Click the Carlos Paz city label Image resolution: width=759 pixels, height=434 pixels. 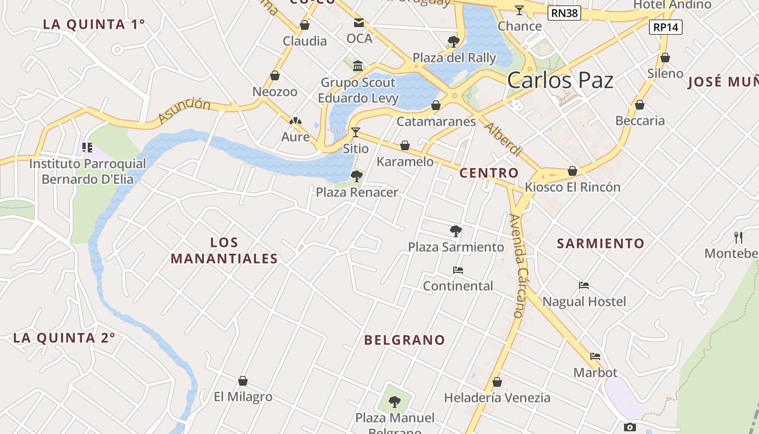click(560, 80)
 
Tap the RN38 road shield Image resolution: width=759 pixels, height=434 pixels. click(564, 13)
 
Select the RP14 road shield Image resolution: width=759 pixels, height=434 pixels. click(666, 27)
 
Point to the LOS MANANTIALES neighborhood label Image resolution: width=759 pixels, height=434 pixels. click(224, 250)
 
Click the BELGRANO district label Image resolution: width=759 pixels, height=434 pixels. click(404, 340)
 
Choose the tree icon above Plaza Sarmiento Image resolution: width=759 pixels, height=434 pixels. click(455, 231)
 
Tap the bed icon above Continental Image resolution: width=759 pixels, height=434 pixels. click(458, 270)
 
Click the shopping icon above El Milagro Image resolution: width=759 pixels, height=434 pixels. click(243, 381)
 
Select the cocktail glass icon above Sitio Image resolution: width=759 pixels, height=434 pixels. click(355, 132)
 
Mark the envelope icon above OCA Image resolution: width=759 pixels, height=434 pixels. click(359, 23)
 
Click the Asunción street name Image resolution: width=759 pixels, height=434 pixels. click(184, 111)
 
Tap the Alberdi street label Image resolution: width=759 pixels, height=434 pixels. click(503, 139)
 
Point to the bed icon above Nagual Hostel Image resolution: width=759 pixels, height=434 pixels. click(584, 285)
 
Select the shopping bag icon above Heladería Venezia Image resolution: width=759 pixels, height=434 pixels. click(497, 382)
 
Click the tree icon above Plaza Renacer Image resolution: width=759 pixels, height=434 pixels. click(356, 176)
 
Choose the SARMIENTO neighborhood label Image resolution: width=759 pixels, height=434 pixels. click(601, 244)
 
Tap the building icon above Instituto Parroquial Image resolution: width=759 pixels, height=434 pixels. click(87, 147)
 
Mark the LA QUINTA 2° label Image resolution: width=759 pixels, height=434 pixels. click(64, 338)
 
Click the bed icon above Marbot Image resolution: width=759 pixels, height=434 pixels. click(595, 356)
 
